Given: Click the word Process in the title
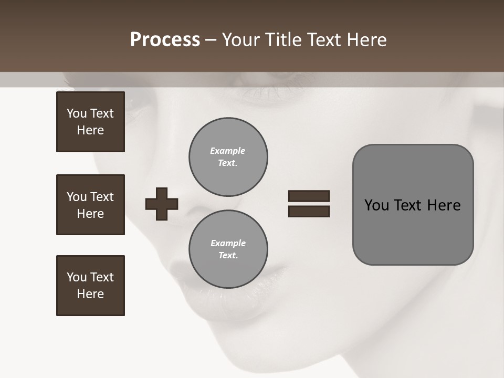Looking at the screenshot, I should [165, 40].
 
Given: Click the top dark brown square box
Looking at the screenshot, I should [90, 122].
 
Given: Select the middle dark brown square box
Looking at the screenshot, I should [90, 205].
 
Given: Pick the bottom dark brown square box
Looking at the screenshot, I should [90, 286].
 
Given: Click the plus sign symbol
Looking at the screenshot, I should [162, 204].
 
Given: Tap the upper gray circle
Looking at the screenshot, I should [228, 157].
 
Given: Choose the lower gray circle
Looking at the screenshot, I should [228, 249].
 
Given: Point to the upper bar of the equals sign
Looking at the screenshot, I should [309, 196].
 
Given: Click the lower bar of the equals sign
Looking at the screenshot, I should [309, 211].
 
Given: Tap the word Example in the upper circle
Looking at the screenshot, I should [228, 151].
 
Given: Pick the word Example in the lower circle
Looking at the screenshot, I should [228, 243].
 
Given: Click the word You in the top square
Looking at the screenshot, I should [77, 113].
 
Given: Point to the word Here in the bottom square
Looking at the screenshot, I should [90, 294].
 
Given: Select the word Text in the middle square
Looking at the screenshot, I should [102, 197].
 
